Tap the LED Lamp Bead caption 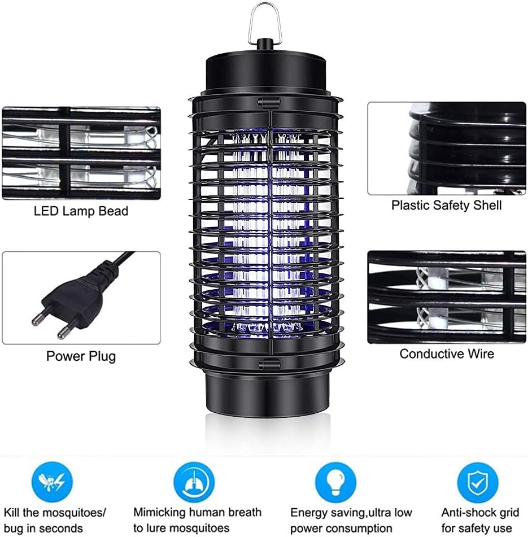coord(81,211)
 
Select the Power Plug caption coord(81,356)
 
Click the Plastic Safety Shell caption coord(447,206)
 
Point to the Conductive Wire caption coord(447,354)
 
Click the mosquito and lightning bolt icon coord(52,482)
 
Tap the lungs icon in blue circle coord(194,482)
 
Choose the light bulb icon coord(335,482)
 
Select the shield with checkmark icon coord(478,482)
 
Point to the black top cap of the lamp coord(266,72)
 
